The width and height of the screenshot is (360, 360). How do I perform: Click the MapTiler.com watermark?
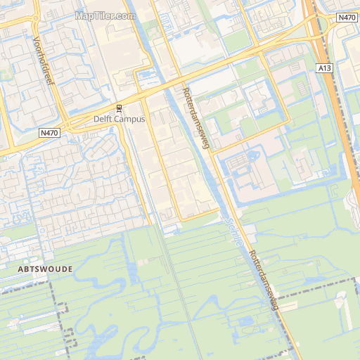tap(105, 15)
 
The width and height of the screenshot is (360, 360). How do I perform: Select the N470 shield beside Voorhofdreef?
tap(49, 132)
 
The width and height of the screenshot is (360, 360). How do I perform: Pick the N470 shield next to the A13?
tap(346, 18)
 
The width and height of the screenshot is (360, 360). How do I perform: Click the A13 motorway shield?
tap(324, 68)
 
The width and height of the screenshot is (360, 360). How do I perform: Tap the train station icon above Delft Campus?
tap(119, 108)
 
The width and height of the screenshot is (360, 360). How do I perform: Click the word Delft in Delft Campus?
tap(104, 120)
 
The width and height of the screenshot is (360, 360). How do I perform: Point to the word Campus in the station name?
tap(130, 120)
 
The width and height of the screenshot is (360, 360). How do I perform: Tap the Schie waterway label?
tap(235, 230)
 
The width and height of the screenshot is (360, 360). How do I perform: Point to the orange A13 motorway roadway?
tap(341, 120)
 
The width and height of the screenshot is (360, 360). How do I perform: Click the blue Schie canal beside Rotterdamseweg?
tap(211, 169)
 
